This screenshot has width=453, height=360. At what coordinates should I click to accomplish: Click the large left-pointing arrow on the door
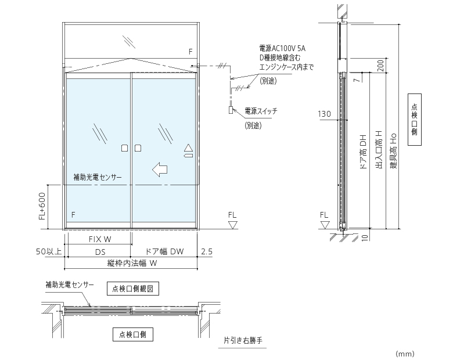[159, 170]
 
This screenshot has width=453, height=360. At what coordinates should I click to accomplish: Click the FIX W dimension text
[99, 239]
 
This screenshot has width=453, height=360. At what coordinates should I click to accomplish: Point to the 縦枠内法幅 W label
[132, 263]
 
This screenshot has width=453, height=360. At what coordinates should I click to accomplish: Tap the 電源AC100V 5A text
[283, 48]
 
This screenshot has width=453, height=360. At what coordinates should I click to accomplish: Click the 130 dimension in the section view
[325, 114]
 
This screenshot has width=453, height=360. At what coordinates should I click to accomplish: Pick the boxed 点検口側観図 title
[132, 287]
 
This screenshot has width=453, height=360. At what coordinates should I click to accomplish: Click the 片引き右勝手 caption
[243, 341]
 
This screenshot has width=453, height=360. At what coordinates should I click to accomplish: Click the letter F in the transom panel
[190, 52]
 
